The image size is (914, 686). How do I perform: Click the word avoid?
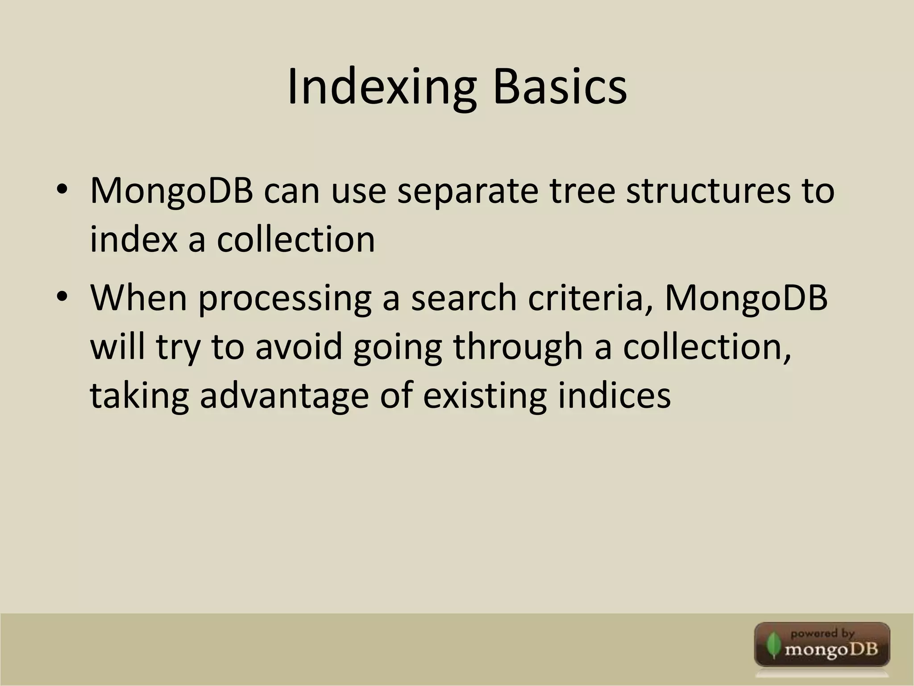tap(299, 347)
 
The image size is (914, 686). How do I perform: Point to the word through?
tap(518, 347)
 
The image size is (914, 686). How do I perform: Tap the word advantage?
tap(284, 397)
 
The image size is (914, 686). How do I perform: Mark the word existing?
tap(485, 397)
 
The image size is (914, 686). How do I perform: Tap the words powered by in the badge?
tap(822, 633)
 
